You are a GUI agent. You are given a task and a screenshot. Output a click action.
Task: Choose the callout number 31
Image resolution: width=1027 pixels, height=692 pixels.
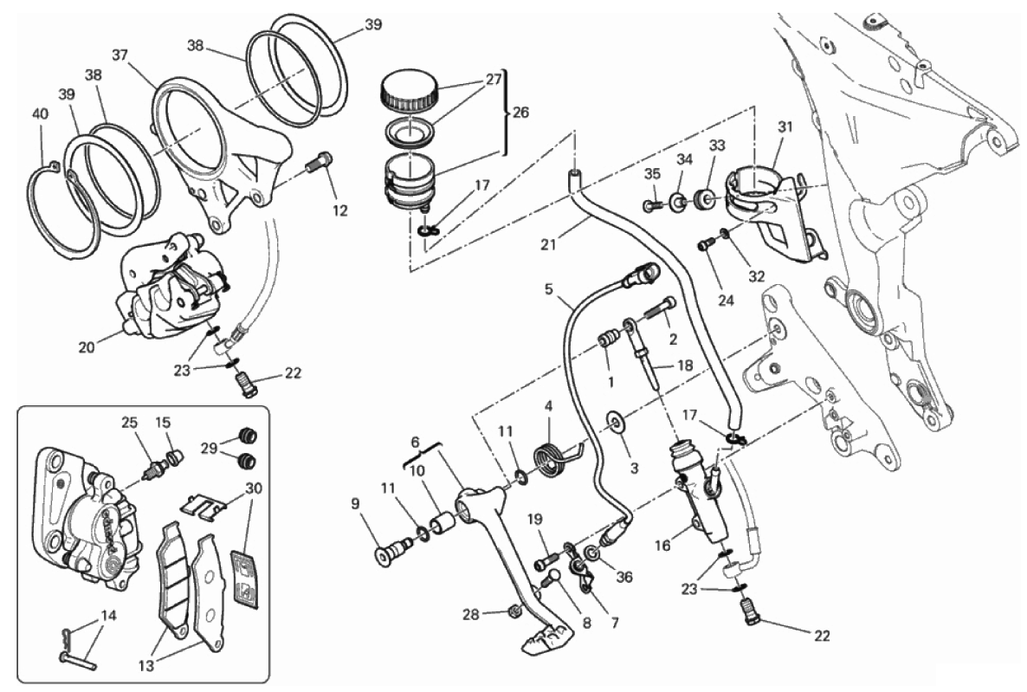[785, 126]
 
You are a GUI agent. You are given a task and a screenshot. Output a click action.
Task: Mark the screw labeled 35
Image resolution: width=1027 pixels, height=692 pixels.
[651, 205]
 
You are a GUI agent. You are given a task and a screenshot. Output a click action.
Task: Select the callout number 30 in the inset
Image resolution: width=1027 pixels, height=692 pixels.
[254, 488]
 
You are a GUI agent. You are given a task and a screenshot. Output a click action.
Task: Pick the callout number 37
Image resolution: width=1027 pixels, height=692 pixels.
[120, 55]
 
